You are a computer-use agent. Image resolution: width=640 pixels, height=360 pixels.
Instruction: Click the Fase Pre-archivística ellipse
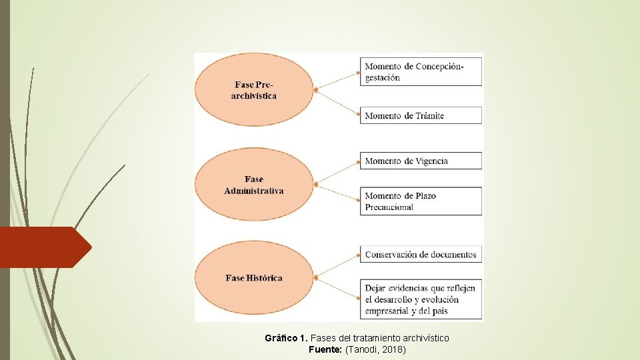(254, 90)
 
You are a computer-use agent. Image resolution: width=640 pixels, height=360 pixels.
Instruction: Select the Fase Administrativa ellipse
(254, 185)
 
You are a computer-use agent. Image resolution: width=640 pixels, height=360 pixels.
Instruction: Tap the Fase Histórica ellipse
(254, 277)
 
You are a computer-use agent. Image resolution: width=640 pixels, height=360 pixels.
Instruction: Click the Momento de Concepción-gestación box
(422, 71)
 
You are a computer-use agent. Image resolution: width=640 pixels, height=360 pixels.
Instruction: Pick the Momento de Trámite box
(422, 115)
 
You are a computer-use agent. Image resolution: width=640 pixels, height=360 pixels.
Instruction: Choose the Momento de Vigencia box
(422, 161)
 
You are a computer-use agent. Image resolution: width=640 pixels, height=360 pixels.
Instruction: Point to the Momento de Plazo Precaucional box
(422, 201)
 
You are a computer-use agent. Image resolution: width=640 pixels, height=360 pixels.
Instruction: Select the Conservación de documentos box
(422, 254)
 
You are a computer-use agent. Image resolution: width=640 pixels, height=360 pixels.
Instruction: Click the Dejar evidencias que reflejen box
(422, 299)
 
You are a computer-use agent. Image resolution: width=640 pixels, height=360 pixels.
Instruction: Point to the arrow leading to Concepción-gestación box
(338, 79)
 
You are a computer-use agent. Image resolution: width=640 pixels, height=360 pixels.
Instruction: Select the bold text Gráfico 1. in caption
(287, 338)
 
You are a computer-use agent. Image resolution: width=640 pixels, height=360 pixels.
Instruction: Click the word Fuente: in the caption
(325, 349)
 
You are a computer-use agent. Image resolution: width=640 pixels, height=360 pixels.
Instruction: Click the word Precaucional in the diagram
(389, 207)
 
